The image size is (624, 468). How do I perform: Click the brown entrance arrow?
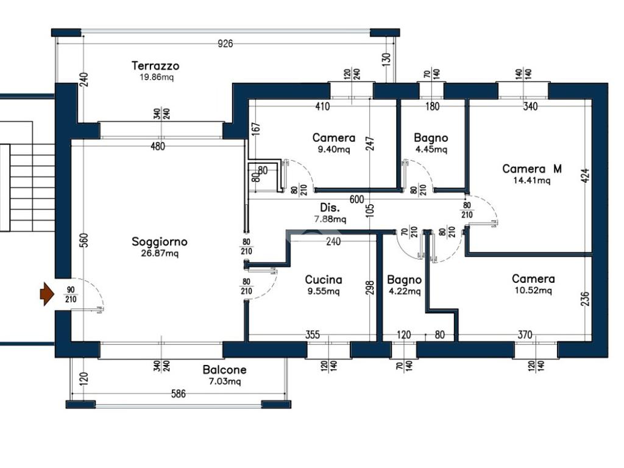pyautogui.click(x=47, y=294)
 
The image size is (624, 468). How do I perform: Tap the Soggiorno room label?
pyautogui.click(x=159, y=241)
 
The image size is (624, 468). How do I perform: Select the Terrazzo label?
pyautogui.click(x=155, y=66)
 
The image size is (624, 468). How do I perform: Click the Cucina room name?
pyautogui.click(x=324, y=279)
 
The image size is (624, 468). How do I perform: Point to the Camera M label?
pyautogui.click(x=532, y=169)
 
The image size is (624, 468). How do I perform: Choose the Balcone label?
pyautogui.click(x=224, y=370)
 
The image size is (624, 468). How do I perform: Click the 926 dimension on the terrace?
pyautogui.click(x=225, y=43)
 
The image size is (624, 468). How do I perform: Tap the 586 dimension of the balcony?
pyautogui.click(x=179, y=394)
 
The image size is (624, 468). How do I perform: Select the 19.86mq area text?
pyautogui.click(x=157, y=77)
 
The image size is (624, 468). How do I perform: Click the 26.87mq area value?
pyautogui.click(x=160, y=253)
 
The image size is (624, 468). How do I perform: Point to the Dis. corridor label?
pyautogui.click(x=330, y=207)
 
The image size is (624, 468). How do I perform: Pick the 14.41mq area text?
pyautogui.click(x=531, y=180)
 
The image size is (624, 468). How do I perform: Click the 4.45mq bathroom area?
pyautogui.click(x=431, y=150)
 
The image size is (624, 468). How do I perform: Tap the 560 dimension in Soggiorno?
pyautogui.click(x=83, y=240)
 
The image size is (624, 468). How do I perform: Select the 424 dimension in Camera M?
pyautogui.click(x=585, y=175)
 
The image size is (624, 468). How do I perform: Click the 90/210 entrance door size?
pyautogui.click(x=71, y=294)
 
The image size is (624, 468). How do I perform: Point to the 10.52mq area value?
pyautogui.click(x=533, y=291)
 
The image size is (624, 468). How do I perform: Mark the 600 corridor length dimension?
pyautogui.click(x=356, y=199)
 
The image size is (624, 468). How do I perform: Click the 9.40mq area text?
pyautogui.click(x=334, y=150)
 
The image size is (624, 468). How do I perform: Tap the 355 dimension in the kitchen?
pyautogui.click(x=313, y=335)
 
